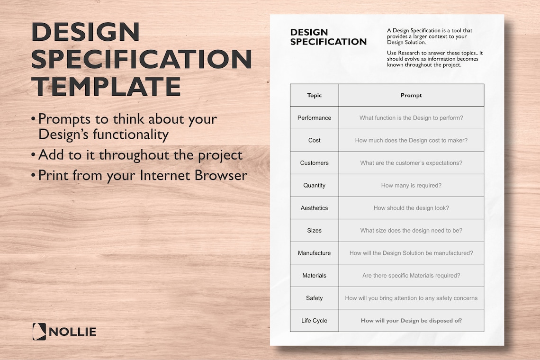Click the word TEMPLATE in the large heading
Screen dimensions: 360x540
coord(106,87)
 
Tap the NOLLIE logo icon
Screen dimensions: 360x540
coord(39,332)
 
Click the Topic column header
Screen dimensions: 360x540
coord(314,95)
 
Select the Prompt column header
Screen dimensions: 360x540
coord(411,95)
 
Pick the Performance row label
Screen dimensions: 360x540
coord(314,118)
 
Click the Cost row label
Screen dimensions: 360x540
coord(314,140)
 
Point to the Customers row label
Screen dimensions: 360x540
coord(314,163)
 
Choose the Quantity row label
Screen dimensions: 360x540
coord(314,186)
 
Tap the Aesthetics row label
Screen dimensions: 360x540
coord(314,208)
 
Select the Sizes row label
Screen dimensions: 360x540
coord(314,231)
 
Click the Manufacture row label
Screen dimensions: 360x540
coord(314,253)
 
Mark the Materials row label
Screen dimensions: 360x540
coord(314,276)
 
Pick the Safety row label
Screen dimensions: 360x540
coord(314,298)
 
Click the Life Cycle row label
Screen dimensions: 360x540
coord(314,321)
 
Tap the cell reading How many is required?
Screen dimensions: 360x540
coord(411,186)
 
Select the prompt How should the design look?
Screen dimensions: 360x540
coord(411,208)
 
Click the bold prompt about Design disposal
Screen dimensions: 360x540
coord(411,321)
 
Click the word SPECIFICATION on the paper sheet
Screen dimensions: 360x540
coord(328,42)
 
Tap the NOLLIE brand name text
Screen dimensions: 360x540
coord(72,332)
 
